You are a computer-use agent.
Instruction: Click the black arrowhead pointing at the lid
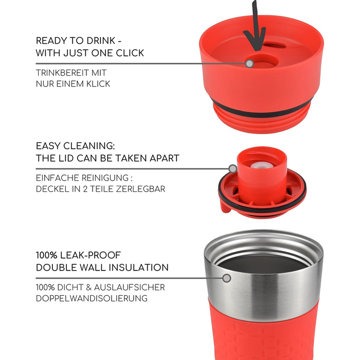pyautogui.click(x=255, y=39)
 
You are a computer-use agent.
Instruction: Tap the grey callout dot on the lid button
pyautogui.click(x=249, y=63)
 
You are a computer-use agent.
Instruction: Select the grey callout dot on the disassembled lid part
pyautogui.click(x=233, y=169)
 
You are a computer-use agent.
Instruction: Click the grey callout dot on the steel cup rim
pyautogui.click(x=227, y=278)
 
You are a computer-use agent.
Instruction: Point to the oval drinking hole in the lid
pyautogui.click(x=274, y=45)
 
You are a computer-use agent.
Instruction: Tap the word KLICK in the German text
pyautogui.click(x=98, y=84)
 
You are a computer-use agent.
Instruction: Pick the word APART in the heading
pyautogui.click(x=165, y=158)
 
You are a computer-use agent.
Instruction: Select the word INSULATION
pyautogui.click(x=138, y=267)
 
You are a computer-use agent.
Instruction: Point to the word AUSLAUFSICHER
pyautogui.click(x=130, y=287)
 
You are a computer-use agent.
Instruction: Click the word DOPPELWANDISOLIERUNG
pyautogui.click(x=92, y=298)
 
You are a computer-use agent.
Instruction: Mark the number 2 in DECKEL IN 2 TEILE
pyautogui.click(x=85, y=189)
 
